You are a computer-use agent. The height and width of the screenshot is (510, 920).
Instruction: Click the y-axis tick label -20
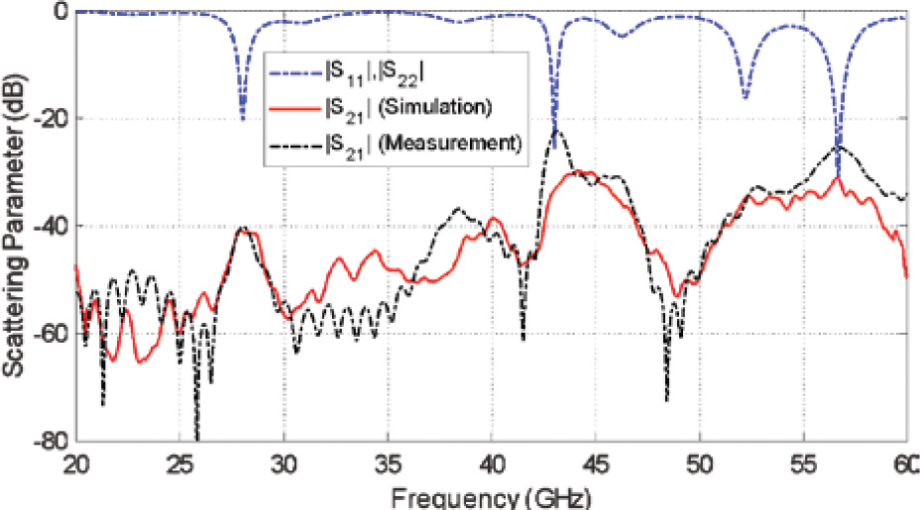(x=49, y=119)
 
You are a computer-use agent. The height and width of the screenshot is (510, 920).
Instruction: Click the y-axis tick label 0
(x=60, y=12)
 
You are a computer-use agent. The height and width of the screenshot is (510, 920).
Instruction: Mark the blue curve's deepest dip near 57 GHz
(x=838, y=174)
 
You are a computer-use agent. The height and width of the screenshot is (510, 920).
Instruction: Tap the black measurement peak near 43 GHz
(x=558, y=130)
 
